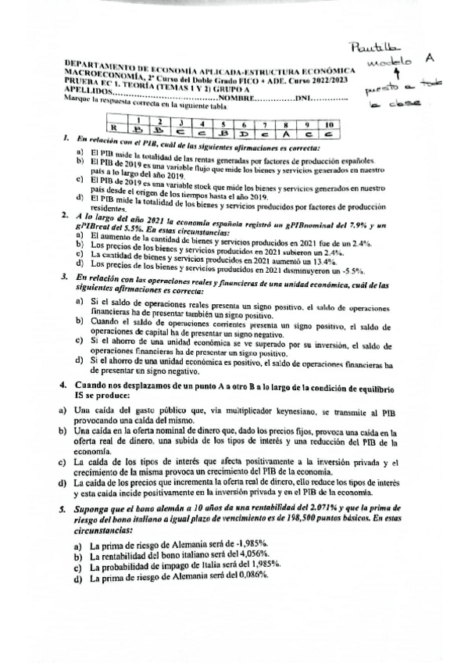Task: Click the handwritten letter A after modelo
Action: click(x=430, y=58)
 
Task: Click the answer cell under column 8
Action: click(x=288, y=132)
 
